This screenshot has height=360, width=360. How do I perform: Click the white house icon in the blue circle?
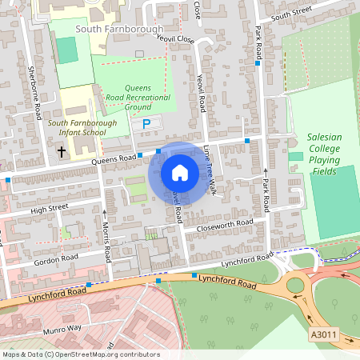(180, 172)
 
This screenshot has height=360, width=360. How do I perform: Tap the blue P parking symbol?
(146, 124)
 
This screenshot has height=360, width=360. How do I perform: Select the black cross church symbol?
(61, 150)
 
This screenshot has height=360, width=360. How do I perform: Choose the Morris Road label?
(107, 240)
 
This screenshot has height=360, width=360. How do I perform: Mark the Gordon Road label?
(56, 259)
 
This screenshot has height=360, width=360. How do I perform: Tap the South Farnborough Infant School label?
(82, 128)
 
